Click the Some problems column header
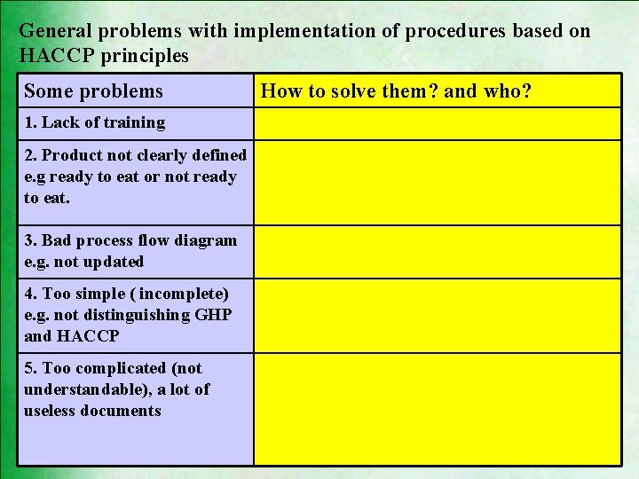[93, 90]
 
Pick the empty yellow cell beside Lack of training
[437, 123]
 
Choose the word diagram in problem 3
[205, 240]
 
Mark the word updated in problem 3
[112, 262]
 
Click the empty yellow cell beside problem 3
[437, 252]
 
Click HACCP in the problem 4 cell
[87, 336]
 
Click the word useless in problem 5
[50, 411]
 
